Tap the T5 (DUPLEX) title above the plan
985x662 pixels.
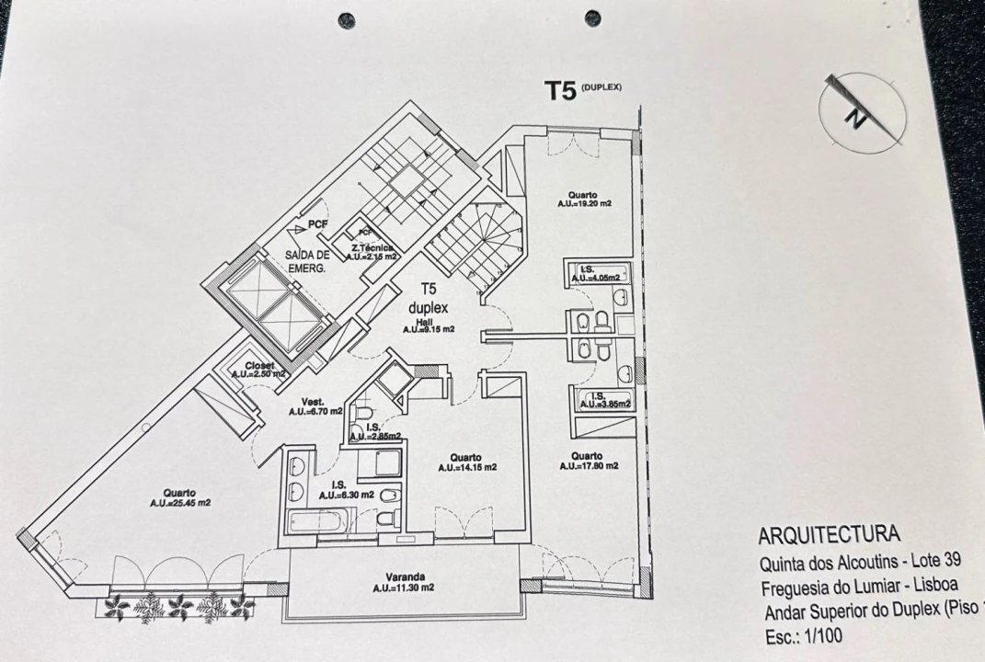coord(583,90)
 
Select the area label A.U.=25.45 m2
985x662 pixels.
coord(182,503)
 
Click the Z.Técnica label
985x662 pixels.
coord(372,248)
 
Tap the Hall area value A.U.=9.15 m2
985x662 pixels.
coord(430,329)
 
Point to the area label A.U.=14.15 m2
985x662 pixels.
coord(467,467)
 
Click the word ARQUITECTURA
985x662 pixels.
coord(830,535)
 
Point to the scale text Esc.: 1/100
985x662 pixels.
coord(801,634)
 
